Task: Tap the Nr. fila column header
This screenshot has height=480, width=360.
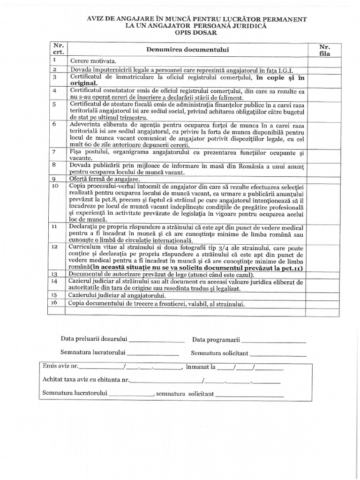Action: pyautogui.click(x=324, y=50)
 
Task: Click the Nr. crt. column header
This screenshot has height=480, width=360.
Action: pyautogui.click(x=58, y=49)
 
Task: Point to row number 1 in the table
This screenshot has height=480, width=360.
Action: pyautogui.click(x=55, y=60)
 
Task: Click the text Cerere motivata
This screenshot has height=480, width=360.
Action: pyautogui.click(x=93, y=61)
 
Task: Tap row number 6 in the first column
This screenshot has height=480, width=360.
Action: pyautogui.click(x=55, y=124)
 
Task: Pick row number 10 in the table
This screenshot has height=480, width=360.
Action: pyautogui.click(x=56, y=186)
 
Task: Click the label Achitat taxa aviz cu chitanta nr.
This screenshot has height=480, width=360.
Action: pyautogui.click(x=86, y=380)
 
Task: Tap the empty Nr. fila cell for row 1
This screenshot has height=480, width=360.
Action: pyautogui.click(x=324, y=61)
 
